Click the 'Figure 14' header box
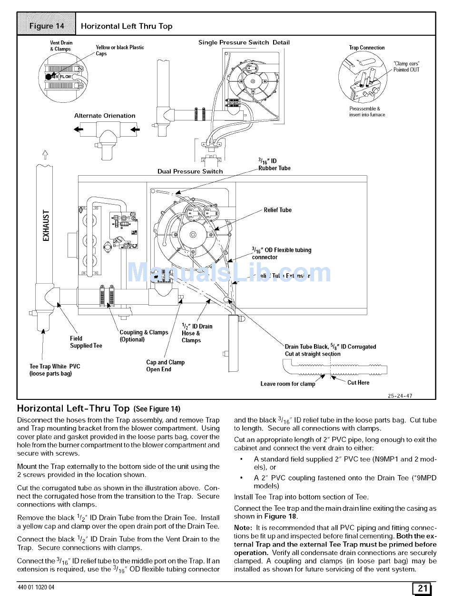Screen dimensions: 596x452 47,26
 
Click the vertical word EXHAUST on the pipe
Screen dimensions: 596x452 46,226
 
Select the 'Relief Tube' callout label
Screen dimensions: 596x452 277,210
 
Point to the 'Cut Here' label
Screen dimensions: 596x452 358,383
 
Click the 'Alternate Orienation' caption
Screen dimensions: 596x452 105,116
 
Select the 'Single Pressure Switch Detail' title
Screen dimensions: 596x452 244,42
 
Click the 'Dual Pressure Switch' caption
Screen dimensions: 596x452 190,171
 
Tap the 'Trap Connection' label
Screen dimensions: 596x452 366,48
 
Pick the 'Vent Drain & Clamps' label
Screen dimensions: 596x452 61,46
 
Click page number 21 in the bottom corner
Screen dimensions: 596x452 422,588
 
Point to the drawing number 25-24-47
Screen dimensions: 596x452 400,396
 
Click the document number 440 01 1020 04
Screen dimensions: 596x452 36,587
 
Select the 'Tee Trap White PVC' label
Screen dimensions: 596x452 55,370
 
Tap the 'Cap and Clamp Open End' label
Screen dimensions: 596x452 165,366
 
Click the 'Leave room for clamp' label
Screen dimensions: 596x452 287,384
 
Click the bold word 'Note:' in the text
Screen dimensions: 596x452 243,528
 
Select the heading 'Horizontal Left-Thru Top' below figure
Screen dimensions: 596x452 73,408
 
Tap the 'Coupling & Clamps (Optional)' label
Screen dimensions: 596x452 144,336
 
